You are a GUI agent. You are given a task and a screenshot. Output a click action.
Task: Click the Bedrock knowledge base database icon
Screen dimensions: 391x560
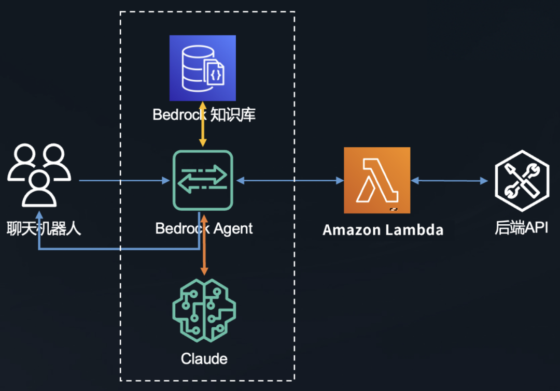203,68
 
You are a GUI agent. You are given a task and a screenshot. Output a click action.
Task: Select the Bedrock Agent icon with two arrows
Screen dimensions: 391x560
203,180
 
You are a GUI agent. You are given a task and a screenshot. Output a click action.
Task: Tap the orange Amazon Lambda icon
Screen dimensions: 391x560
377,180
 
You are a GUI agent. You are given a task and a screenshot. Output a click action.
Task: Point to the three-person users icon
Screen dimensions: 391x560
39,175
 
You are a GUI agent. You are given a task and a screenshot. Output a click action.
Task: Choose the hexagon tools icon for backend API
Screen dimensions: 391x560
521,181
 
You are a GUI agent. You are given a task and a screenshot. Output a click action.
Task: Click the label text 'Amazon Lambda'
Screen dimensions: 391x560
383,229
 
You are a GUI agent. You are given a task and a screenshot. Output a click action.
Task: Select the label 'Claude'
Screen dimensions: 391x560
204,358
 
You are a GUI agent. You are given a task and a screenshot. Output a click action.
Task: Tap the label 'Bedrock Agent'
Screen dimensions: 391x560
204,228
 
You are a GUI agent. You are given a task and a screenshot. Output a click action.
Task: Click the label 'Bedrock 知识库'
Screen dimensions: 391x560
204,114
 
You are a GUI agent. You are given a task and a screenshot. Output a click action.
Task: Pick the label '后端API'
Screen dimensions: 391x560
521,228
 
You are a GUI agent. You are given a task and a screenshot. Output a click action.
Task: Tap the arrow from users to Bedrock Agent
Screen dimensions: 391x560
124,181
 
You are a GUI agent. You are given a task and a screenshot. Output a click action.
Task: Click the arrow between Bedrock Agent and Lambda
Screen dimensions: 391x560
290,181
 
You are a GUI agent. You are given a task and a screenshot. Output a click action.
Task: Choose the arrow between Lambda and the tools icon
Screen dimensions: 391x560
450,181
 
